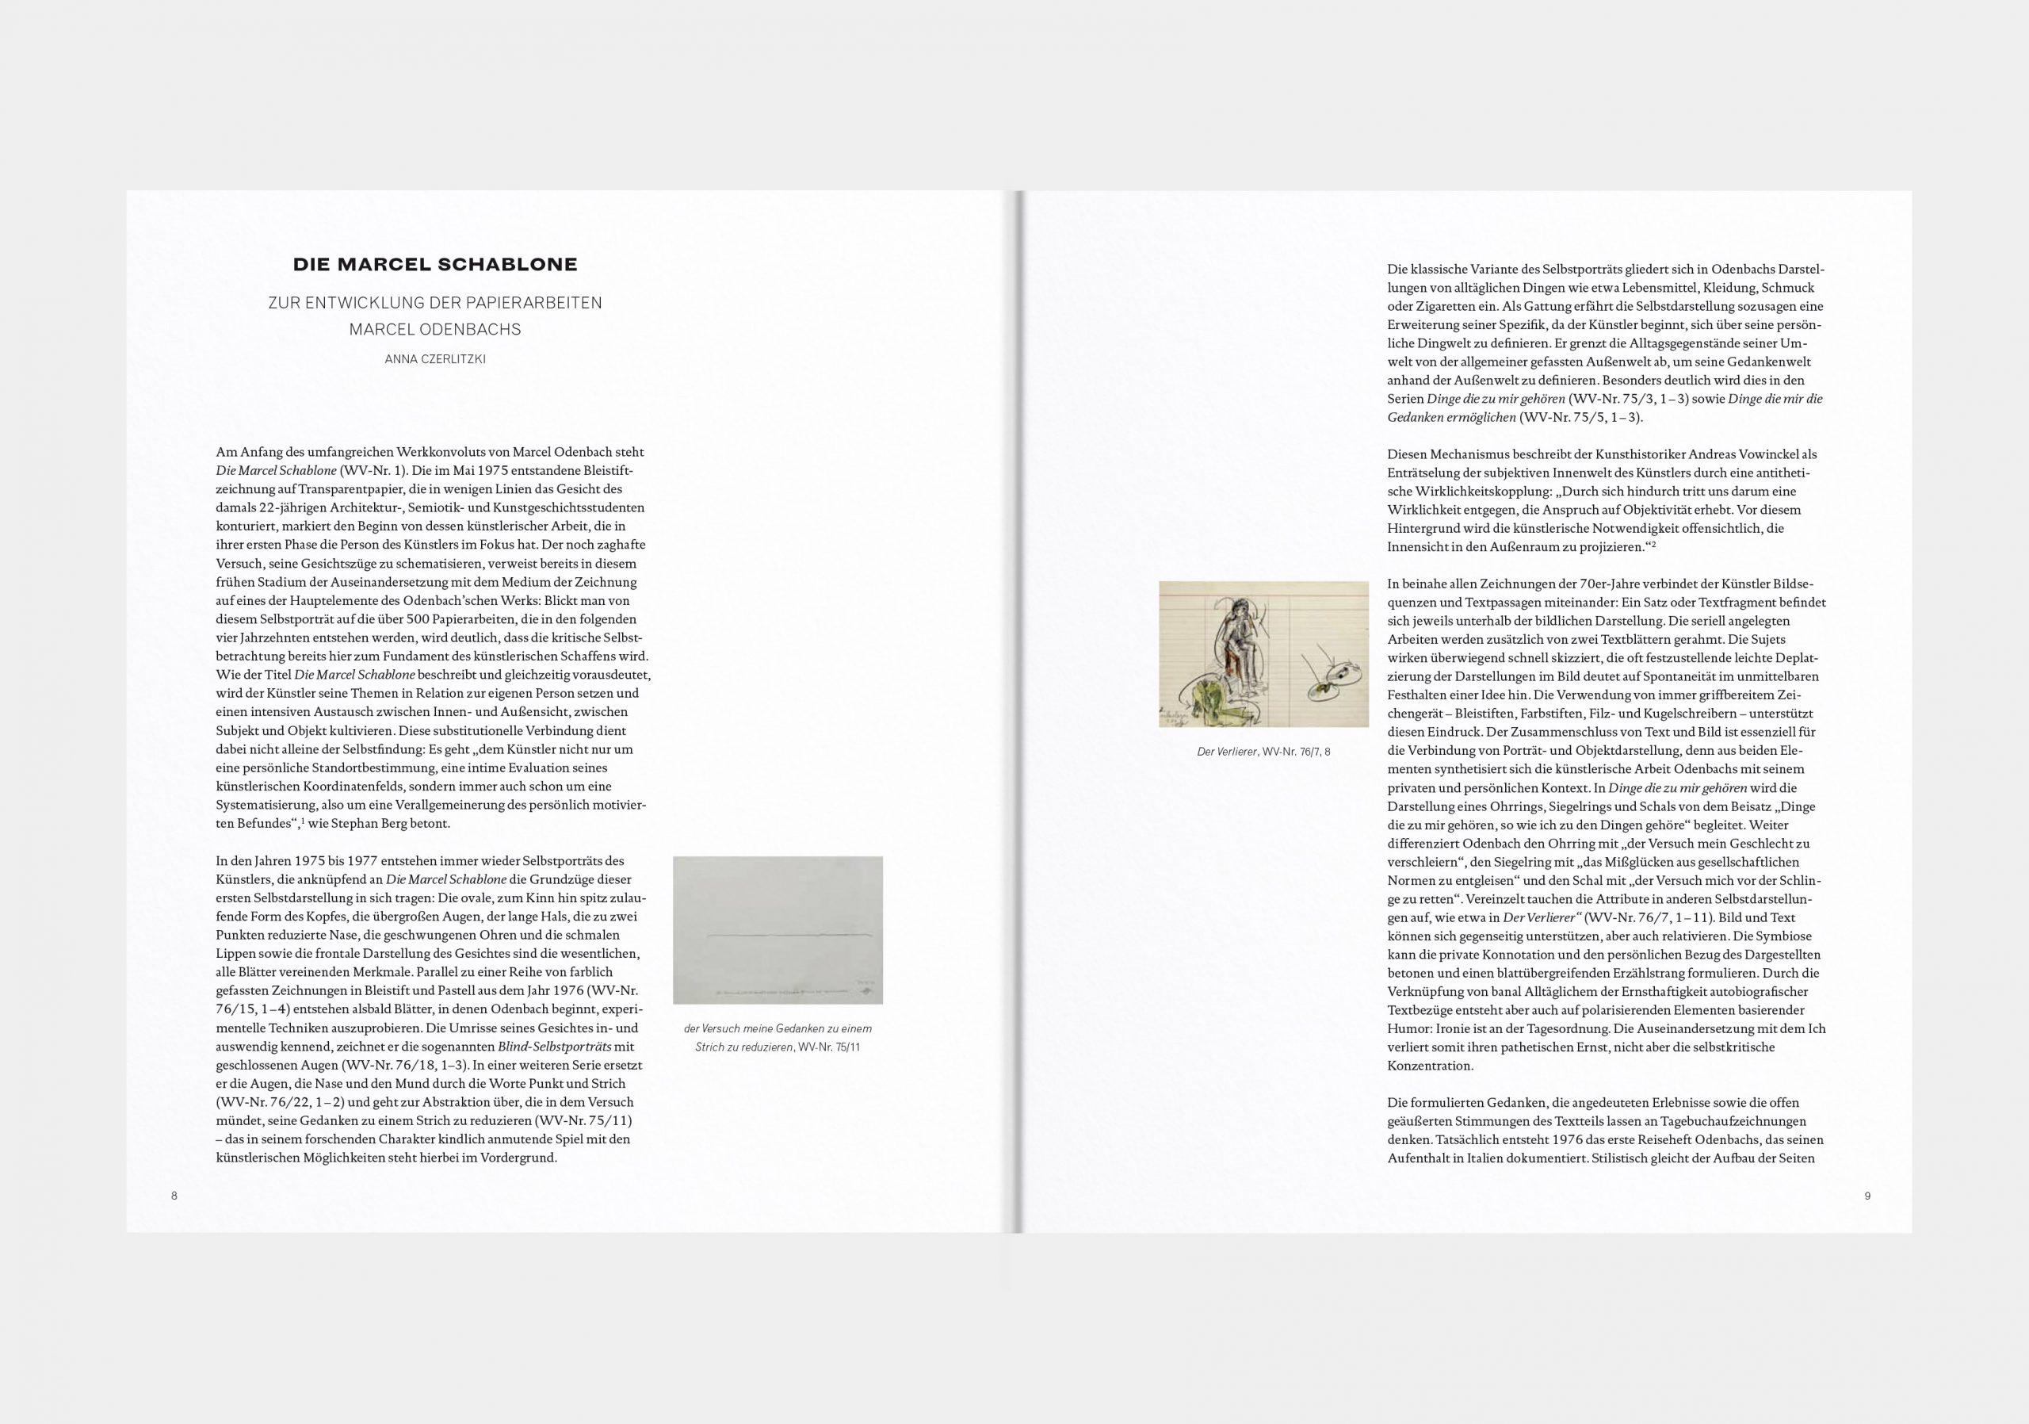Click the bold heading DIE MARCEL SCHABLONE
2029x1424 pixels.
435,264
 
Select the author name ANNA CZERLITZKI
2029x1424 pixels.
435,359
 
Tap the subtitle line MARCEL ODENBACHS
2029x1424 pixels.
435,330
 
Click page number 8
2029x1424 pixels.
174,1196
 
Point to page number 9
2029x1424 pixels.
1867,1196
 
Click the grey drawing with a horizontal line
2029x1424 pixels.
778,930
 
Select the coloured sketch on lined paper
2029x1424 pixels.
1263,654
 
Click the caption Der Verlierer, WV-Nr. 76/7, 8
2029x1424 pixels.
1263,752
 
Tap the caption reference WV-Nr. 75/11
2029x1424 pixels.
829,1047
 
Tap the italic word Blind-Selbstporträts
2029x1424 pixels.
554,1047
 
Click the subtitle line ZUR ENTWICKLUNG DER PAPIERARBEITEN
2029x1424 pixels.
435,303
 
